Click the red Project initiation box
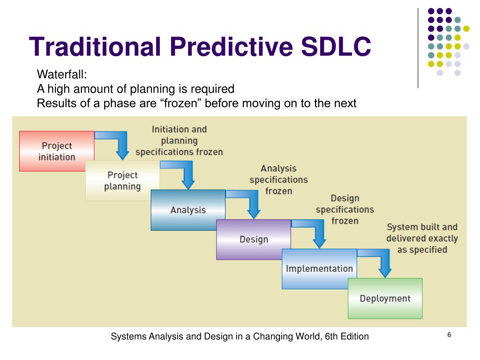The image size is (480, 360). pos(57,151)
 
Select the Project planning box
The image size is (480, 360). pos(122,180)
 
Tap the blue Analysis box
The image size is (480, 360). pos(188,210)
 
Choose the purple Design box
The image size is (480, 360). pos(254,240)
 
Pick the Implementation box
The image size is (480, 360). pos(319,269)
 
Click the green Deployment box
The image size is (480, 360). pos(385,299)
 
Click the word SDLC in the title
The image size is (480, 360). pos(336,46)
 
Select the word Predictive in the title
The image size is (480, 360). pos(231,46)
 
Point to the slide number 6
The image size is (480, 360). pos(449,335)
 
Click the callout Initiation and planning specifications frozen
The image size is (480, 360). pos(180,141)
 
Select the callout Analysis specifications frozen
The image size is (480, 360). pos(278,180)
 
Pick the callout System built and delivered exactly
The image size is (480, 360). pos(422,232)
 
